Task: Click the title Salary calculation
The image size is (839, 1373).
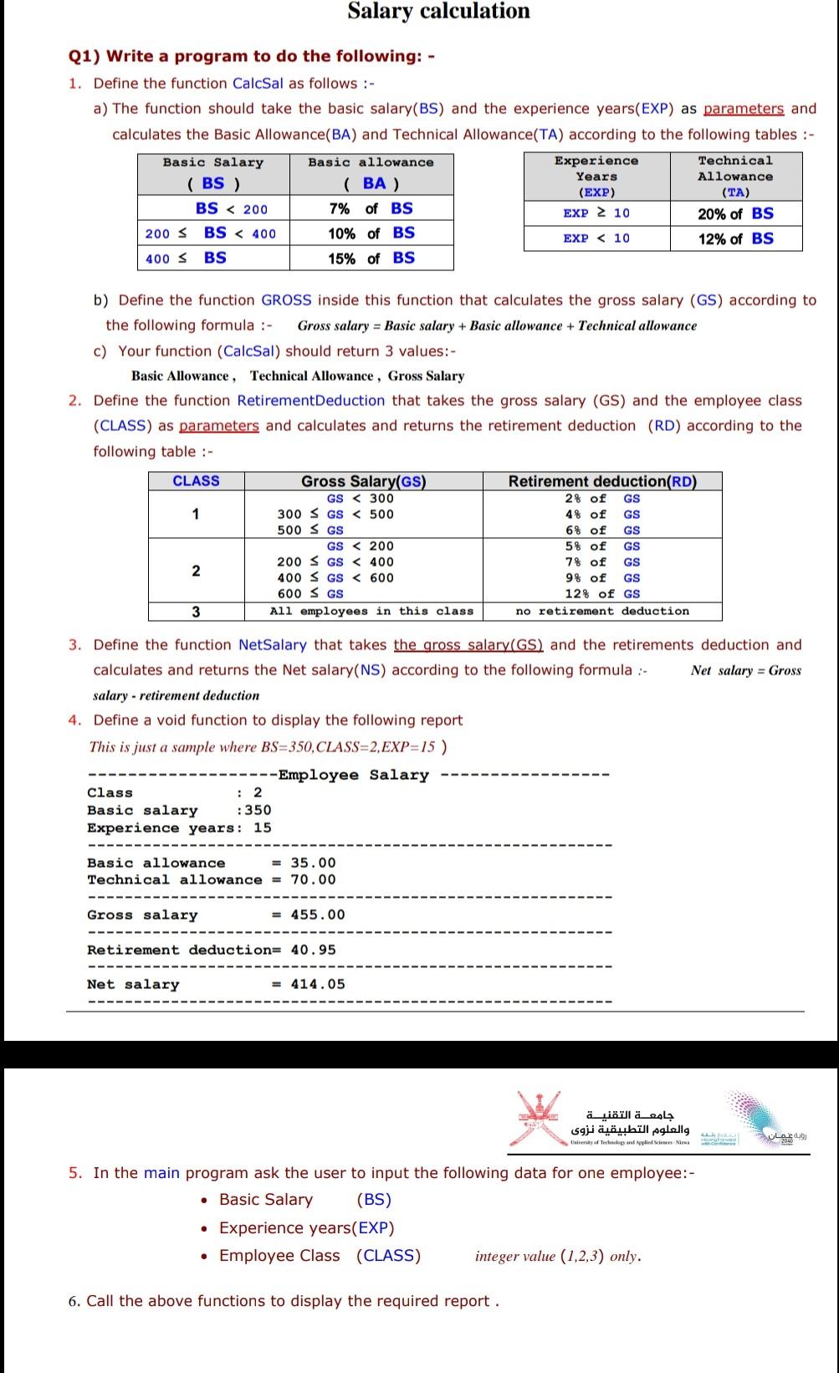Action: pyautogui.click(x=438, y=12)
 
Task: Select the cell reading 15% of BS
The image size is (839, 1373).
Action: pyautogui.click(x=371, y=259)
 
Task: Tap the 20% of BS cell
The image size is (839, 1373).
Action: pyautogui.click(x=735, y=214)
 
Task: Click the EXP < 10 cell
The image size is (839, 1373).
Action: pyautogui.click(x=596, y=238)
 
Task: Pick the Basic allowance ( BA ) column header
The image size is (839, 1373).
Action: pyautogui.click(x=371, y=172)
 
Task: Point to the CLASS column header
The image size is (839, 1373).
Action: pyautogui.click(x=196, y=481)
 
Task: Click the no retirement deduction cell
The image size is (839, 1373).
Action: pyautogui.click(x=602, y=612)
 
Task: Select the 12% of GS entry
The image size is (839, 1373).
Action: pyautogui.click(x=602, y=594)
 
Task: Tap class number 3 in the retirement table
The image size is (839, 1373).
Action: pyautogui.click(x=196, y=612)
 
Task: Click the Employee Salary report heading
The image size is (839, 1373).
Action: pyautogui.click(x=353, y=775)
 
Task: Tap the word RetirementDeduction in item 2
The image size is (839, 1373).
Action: pyautogui.click(x=311, y=401)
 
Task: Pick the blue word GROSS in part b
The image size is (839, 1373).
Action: pyautogui.click(x=286, y=300)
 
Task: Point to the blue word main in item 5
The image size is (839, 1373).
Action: pyautogui.click(x=161, y=1173)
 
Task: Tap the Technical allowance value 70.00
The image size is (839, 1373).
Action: pyautogui.click(x=313, y=880)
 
